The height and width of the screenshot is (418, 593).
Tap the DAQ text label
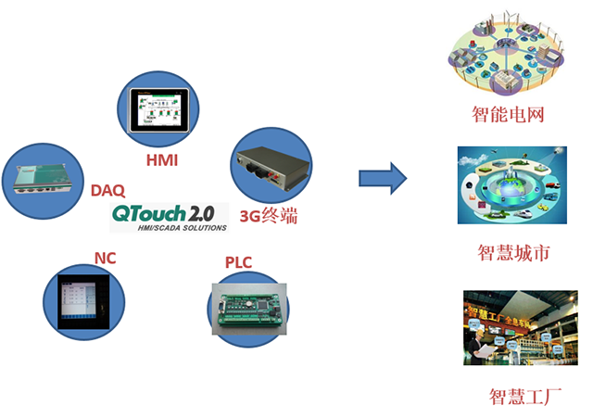(x=107, y=190)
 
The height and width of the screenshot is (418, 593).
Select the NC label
(x=104, y=257)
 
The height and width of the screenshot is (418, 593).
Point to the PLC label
(x=238, y=263)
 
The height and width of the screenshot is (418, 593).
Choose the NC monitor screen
(x=82, y=298)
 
